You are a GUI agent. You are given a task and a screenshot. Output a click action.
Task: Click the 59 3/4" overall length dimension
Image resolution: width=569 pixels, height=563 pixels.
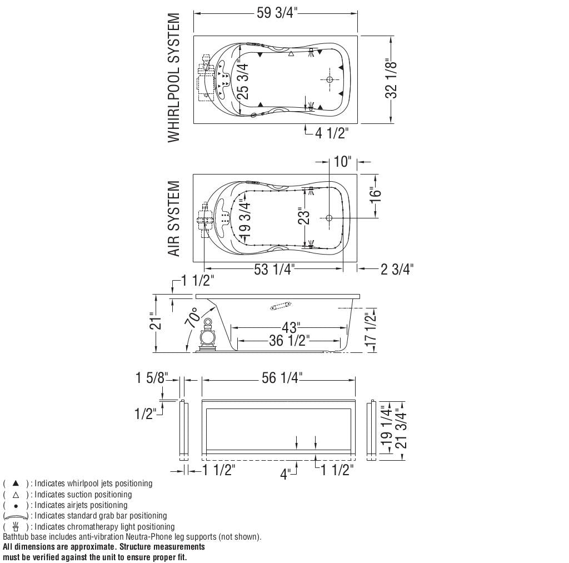(277, 13)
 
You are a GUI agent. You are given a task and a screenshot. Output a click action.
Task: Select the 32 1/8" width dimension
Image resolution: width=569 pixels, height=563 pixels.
(391, 79)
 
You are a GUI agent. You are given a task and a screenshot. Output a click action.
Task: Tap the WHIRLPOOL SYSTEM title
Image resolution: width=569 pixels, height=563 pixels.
(174, 78)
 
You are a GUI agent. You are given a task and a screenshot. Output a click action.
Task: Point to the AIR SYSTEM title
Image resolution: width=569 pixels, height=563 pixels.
(174, 218)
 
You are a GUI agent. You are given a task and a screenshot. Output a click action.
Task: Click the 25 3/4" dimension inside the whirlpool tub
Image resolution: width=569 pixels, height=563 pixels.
(243, 81)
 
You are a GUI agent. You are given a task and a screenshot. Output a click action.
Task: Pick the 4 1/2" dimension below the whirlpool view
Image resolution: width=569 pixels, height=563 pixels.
(332, 133)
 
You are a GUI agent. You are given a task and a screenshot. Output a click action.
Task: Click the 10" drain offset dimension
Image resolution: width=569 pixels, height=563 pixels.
(342, 162)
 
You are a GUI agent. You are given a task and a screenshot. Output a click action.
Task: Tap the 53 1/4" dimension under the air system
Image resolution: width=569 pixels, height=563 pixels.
(273, 269)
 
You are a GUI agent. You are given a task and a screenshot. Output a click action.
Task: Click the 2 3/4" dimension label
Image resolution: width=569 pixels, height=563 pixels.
(397, 269)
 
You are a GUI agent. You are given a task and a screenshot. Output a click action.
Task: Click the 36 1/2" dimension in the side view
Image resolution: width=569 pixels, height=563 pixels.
(289, 341)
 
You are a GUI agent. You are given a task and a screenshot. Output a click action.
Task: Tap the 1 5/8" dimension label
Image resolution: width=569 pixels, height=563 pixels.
(152, 378)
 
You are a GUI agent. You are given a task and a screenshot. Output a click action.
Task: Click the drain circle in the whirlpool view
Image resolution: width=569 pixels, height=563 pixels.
(330, 79)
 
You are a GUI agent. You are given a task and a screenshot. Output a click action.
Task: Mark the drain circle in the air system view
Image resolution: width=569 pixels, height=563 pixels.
(329, 218)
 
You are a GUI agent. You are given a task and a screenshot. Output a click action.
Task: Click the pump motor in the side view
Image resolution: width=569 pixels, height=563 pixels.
(208, 336)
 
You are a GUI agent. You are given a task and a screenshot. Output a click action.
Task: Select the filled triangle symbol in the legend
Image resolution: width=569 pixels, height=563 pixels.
(16, 483)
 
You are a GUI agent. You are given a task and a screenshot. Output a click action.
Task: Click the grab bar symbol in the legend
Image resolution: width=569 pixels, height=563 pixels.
(15, 516)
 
